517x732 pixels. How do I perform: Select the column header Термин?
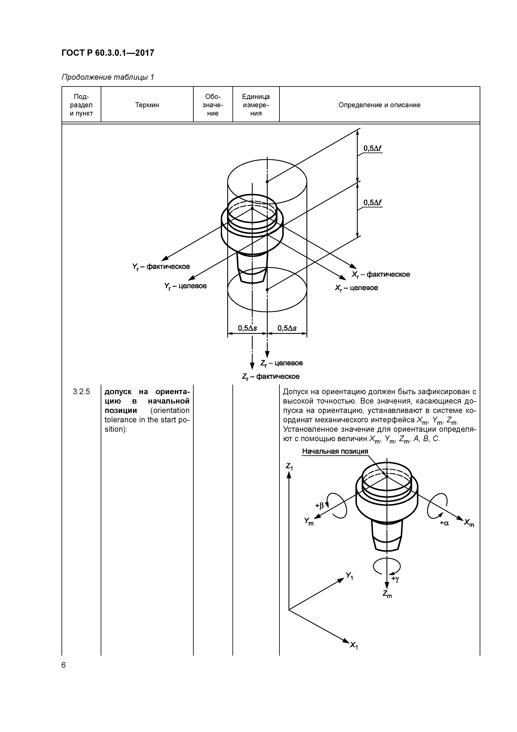click(x=147, y=105)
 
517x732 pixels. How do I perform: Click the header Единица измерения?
click(x=256, y=105)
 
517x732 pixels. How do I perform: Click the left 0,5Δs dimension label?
click(x=247, y=328)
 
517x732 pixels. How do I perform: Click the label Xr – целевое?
click(x=356, y=288)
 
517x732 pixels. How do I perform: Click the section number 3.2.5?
click(x=81, y=391)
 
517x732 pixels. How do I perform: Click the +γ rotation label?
click(x=395, y=578)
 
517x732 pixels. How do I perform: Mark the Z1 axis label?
click(x=289, y=466)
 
